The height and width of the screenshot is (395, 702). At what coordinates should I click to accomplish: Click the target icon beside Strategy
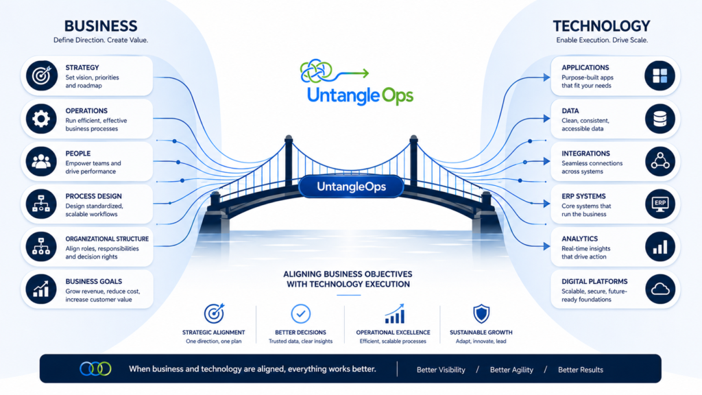coord(41,75)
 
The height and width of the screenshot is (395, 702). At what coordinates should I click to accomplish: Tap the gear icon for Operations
coord(41,119)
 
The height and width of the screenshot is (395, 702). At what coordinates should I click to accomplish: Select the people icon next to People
coord(41,161)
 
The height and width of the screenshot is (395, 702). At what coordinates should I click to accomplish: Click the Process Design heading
coord(93,196)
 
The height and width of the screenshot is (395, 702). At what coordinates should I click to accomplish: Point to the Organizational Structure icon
coord(41,247)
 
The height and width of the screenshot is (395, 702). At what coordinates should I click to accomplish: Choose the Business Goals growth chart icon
coord(41,289)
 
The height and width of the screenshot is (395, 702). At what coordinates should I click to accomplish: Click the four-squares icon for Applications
coord(660,75)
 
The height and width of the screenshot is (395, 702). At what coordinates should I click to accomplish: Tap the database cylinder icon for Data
coord(660,119)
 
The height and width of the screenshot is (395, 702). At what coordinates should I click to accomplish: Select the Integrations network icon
coord(660,161)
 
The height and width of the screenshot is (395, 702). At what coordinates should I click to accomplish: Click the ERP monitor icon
coord(660,204)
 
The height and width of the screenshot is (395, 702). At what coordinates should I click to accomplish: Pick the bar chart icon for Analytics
coord(660,247)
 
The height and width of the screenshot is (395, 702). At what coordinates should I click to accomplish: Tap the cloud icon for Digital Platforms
coord(660,289)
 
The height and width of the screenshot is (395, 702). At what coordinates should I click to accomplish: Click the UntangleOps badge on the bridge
coord(352,187)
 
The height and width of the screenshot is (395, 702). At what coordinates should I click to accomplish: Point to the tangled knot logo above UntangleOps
coord(317,71)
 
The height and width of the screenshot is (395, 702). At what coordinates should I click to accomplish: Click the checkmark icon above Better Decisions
coord(300,313)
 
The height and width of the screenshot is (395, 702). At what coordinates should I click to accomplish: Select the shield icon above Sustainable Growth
coord(481,313)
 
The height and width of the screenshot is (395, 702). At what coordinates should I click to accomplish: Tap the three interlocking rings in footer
coord(95,368)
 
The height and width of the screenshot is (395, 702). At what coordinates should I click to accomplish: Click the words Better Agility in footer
coord(511,370)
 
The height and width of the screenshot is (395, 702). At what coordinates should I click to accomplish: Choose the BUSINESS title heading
coord(101,26)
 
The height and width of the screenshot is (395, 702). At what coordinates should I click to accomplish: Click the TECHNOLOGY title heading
coord(601,26)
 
